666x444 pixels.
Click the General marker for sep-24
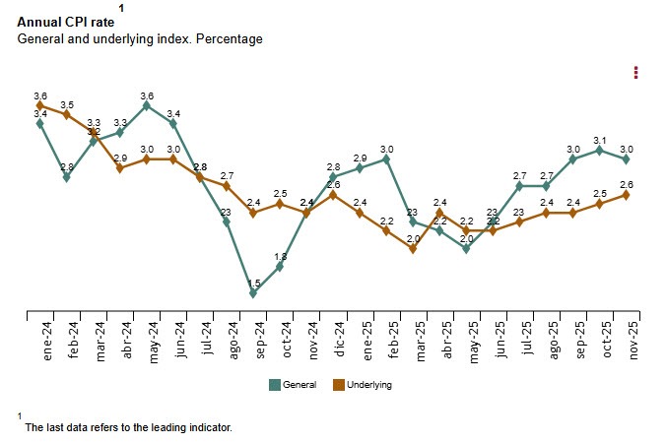[x=253, y=292]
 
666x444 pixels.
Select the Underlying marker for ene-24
[x=40, y=104]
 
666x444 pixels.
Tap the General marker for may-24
[x=147, y=105]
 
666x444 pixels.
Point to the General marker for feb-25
[x=386, y=159]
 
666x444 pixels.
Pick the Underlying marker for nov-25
[x=626, y=195]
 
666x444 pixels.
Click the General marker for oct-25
[x=599, y=150]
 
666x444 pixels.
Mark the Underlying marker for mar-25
[x=413, y=248]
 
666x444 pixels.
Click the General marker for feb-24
[x=67, y=177]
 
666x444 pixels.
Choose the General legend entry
[x=293, y=384]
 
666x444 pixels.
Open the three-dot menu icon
[x=636, y=72]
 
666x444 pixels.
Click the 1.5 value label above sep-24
[x=253, y=284]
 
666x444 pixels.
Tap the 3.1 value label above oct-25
[x=599, y=140]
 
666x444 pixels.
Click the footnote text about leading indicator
[x=128, y=427]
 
